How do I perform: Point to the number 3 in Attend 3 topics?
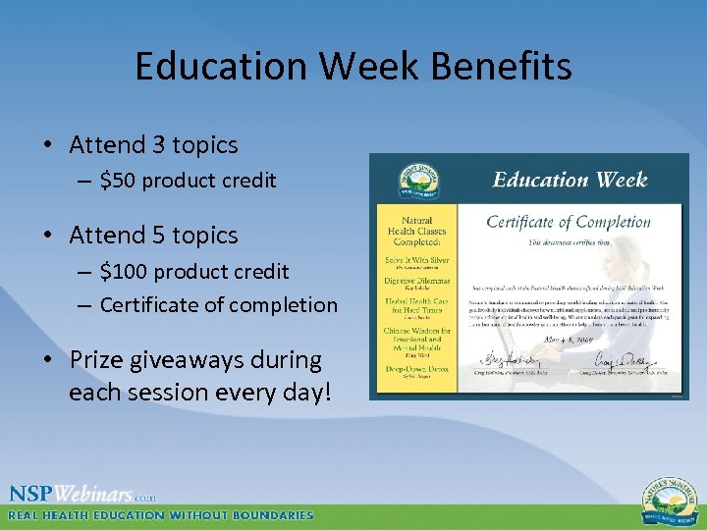[x=158, y=145]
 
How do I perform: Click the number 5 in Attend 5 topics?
[x=158, y=236]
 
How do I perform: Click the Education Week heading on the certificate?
[x=570, y=180]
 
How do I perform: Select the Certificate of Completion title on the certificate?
[x=568, y=222]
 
